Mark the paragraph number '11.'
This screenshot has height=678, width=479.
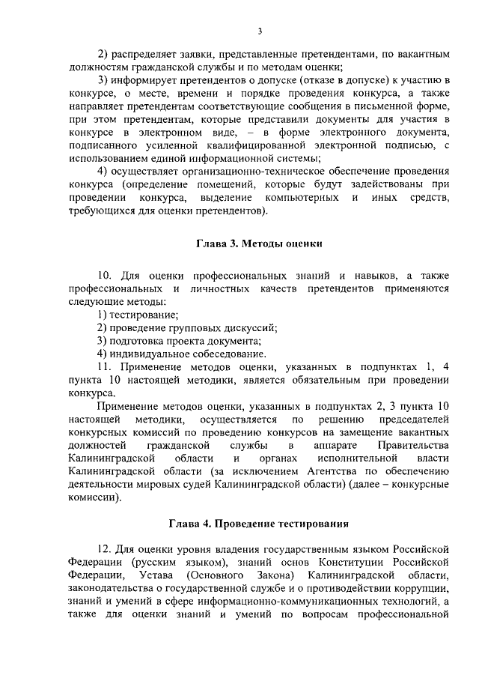pyautogui.click(x=105, y=366)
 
